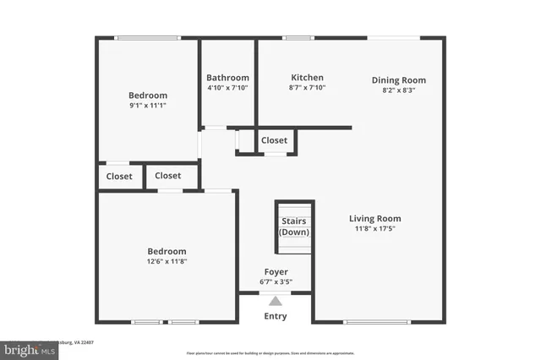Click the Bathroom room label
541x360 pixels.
click(x=228, y=78)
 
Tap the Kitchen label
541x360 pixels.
click(x=307, y=77)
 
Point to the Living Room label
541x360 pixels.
click(x=375, y=218)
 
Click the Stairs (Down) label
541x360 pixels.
click(x=294, y=226)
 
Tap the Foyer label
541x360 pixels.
click(x=276, y=273)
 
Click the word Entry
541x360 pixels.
click(x=276, y=316)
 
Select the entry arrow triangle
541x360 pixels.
click(x=276, y=300)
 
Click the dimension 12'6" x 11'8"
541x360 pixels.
click(x=167, y=262)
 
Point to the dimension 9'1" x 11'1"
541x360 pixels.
click(x=148, y=106)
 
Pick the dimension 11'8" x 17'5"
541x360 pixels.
click(x=375, y=228)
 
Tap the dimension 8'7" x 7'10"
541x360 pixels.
click(x=307, y=87)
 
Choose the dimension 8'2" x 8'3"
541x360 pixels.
click(x=398, y=90)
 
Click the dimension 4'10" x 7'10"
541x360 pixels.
click(x=228, y=87)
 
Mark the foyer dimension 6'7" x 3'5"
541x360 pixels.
click(x=276, y=282)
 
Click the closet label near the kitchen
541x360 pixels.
click(x=274, y=140)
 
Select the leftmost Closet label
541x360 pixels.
click(x=119, y=176)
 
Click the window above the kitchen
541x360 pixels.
click(x=298, y=37)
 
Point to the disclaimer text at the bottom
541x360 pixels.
click(x=270, y=352)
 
